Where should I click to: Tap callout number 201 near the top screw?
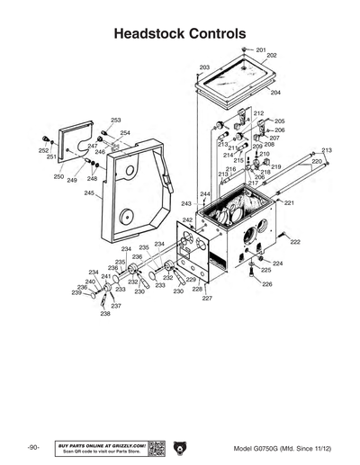point(261,49)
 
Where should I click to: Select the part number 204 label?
point(275,93)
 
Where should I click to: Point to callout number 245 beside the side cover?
point(90,193)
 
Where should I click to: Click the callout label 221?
point(289,203)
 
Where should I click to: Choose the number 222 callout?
point(295,243)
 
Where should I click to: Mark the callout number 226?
point(266,284)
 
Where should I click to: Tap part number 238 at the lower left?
point(105,314)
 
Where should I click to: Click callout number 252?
point(43,151)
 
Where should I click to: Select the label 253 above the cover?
point(116,120)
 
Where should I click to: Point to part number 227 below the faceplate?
point(207,298)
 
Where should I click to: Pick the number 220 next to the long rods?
point(317,161)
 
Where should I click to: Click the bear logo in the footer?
point(180,448)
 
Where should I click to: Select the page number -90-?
point(32,448)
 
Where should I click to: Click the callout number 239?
point(77,293)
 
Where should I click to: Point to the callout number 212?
point(258,113)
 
